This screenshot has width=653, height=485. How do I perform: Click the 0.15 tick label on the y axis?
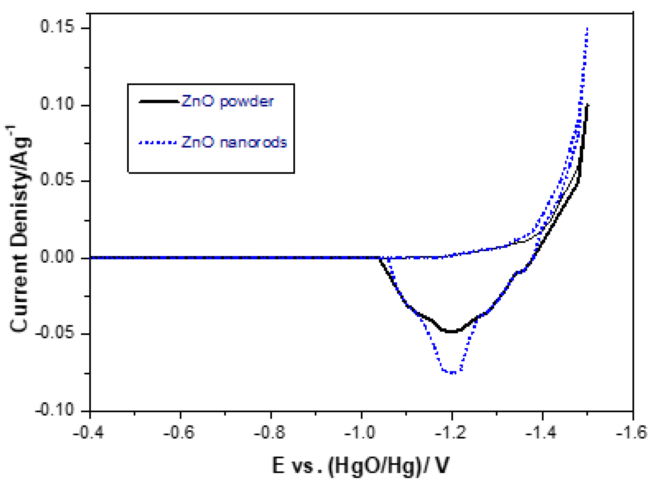[53, 26]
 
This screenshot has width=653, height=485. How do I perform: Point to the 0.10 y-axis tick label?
[53, 104]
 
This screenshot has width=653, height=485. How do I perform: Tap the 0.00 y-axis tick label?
[53, 257]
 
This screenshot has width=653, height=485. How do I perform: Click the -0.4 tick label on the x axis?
[88, 433]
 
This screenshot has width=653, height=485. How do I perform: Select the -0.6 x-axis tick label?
[179, 433]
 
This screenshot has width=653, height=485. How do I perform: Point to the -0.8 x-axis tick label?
[270, 433]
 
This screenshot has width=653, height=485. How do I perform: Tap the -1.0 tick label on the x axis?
[360, 433]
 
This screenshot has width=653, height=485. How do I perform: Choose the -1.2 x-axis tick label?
[451, 433]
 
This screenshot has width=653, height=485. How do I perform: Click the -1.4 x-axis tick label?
[541, 433]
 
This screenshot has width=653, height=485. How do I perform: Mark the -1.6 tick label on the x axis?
[632, 433]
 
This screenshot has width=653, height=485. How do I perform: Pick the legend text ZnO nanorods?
[234, 142]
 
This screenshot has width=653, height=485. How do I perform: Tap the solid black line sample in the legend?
[158, 101]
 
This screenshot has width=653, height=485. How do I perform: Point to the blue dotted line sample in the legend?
[158, 143]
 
